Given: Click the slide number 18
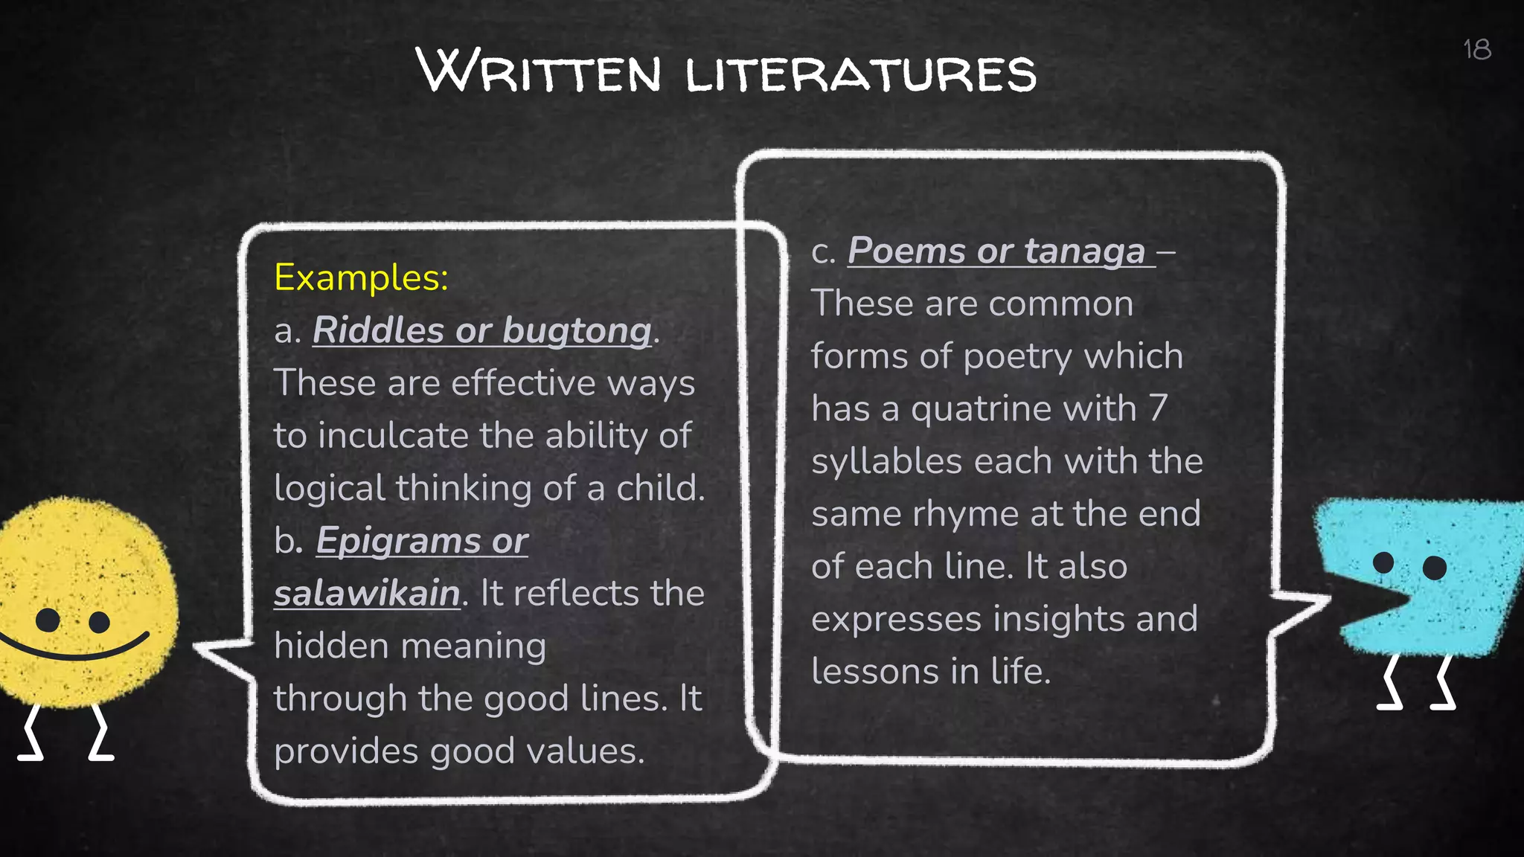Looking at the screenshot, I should point(1476,50).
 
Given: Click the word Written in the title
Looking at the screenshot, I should point(539,72).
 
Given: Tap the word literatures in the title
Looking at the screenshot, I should point(860,74).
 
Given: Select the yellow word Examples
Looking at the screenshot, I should point(361,277).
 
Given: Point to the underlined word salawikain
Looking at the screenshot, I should point(367,594).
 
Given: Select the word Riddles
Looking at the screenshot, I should point(378,330).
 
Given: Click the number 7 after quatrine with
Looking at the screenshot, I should point(1157,408).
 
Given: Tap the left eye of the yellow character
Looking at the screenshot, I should point(48,620).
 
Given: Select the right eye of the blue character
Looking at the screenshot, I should point(1434,568).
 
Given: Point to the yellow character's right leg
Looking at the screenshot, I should point(100,733).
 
